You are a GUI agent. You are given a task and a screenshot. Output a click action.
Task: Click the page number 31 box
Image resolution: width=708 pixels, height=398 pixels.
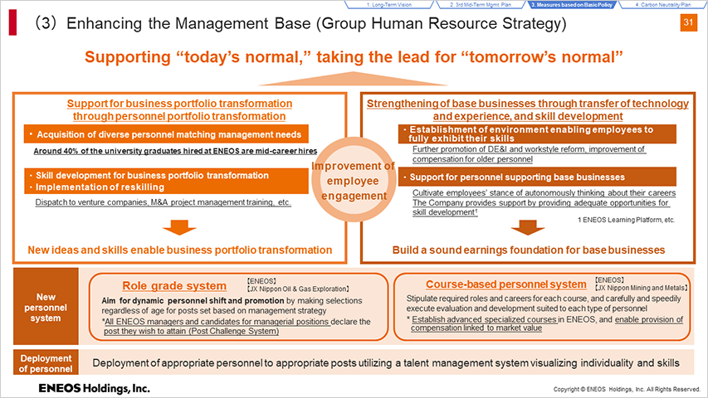[x=688, y=22]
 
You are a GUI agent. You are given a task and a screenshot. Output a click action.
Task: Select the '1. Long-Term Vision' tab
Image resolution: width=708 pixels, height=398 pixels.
[x=388, y=4]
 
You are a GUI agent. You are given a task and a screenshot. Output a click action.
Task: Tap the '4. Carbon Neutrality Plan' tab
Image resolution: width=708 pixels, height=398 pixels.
[x=662, y=4]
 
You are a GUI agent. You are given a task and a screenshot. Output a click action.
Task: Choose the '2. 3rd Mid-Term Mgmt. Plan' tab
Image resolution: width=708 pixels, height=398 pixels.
[x=480, y=4]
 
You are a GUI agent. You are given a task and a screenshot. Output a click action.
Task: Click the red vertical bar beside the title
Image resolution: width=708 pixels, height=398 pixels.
[x=12, y=23]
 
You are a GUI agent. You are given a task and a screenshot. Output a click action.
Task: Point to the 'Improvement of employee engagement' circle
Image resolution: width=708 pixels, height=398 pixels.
[x=353, y=180]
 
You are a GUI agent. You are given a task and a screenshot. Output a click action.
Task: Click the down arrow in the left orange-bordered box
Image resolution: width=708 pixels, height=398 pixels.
[x=179, y=227]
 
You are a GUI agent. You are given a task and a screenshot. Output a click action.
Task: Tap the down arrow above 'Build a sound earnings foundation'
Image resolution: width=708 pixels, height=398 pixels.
[x=527, y=227]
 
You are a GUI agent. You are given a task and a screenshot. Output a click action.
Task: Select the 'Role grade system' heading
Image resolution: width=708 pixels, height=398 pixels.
[x=174, y=285]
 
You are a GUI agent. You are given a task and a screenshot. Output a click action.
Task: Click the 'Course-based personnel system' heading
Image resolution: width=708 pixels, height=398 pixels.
[x=506, y=284]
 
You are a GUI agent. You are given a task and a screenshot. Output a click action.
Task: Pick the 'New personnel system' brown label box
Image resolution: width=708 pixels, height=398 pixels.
[x=46, y=307]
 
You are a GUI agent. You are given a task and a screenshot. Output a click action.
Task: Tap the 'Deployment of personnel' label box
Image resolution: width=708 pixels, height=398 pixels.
[x=46, y=363]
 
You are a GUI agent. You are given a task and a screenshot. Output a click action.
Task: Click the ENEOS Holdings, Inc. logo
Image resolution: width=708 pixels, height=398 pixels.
[x=94, y=388]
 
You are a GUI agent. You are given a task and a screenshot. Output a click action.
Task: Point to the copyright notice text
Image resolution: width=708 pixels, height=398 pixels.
[x=627, y=389]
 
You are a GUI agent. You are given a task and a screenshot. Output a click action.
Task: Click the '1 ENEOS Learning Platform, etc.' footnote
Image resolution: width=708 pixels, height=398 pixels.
[x=626, y=220]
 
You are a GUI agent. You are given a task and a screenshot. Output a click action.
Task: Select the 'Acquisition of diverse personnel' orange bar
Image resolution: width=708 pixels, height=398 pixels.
[x=166, y=134]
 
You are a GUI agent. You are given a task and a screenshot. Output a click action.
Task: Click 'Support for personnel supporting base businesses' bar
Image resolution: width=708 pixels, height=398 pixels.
[x=537, y=177]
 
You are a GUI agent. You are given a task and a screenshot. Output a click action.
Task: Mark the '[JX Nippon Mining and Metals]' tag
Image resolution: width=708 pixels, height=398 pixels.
[x=641, y=288]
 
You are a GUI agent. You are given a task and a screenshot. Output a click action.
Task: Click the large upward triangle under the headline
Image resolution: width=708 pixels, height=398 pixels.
[x=353, y=80]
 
